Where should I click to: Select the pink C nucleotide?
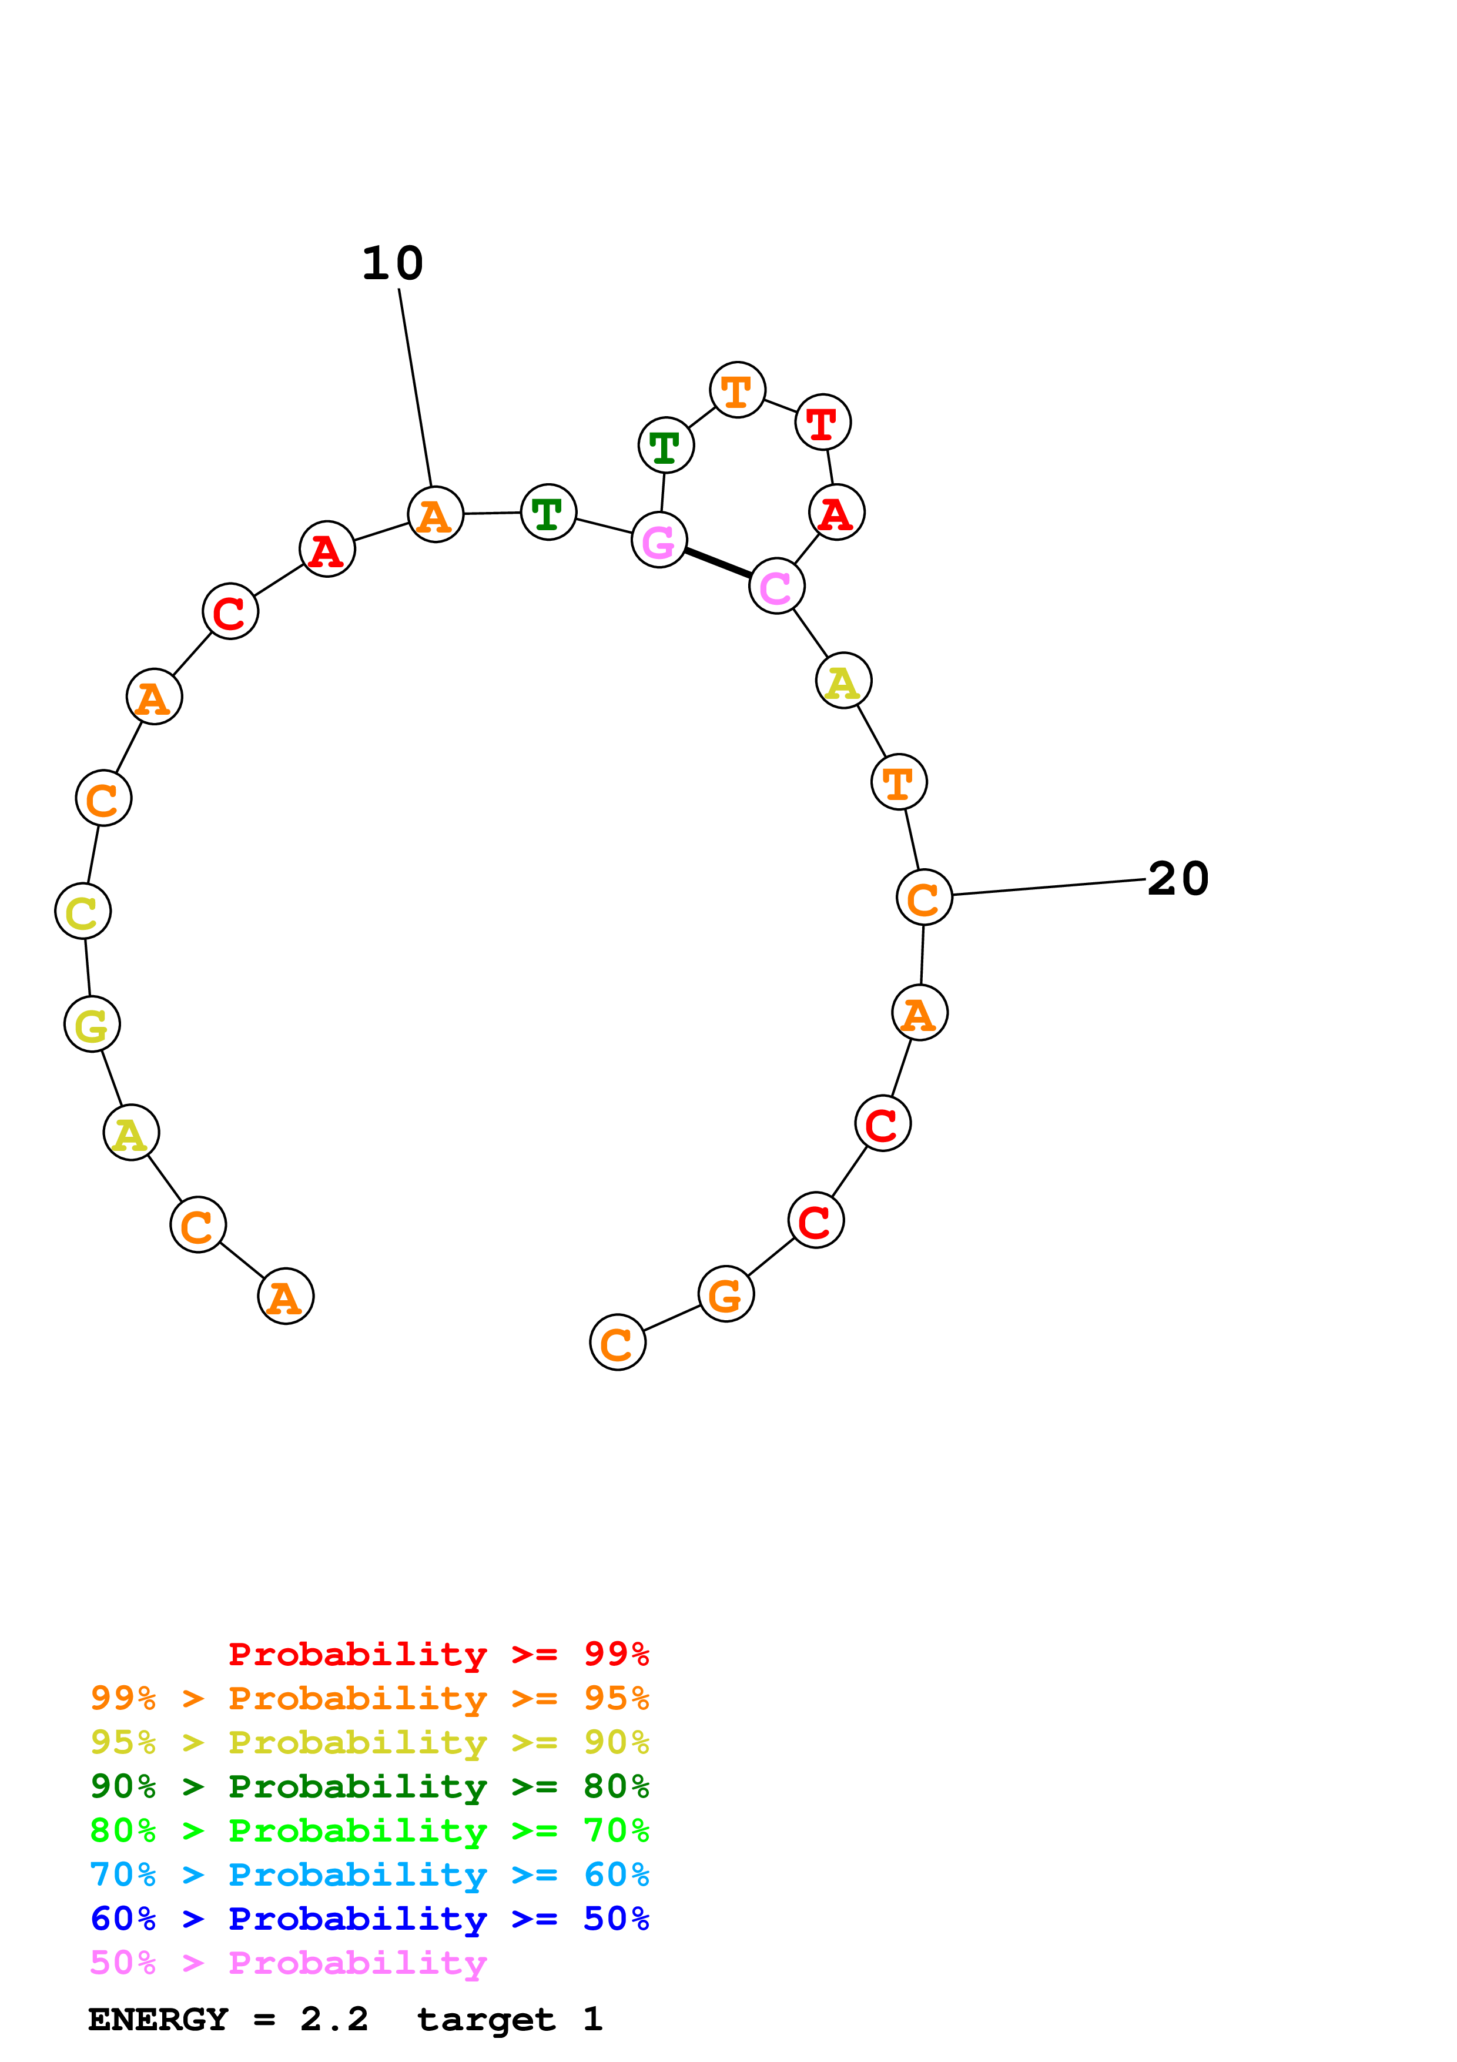776,587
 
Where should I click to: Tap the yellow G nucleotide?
92,1024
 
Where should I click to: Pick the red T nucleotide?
822,422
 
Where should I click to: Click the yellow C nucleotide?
83,912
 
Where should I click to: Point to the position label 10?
392,263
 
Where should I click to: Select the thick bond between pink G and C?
718,563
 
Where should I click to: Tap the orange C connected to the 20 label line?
924,897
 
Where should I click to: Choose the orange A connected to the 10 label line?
436,514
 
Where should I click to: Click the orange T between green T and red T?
737,391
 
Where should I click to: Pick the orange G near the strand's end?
725,1294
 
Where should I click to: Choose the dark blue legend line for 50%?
369,1919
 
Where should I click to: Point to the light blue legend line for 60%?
369,1874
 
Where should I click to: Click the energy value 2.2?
334,2019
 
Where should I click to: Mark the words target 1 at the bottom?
509,2019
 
